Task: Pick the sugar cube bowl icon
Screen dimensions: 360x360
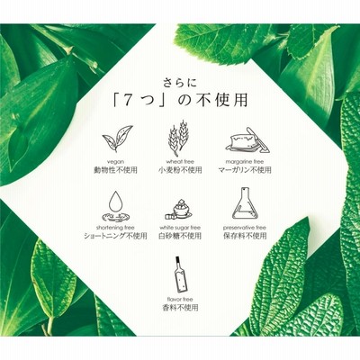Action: click(x=179, y=210)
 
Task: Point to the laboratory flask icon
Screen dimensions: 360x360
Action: click(x=245, y=205)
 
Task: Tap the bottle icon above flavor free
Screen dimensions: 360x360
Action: click(x=180, y=274)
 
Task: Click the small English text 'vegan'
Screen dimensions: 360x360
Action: click(x=115, y=162)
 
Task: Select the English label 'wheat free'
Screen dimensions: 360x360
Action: click(x=180, y=162)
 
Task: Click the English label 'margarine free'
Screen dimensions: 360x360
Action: click(x=245, y=162)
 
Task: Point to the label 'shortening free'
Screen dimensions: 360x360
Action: click(x=115, y=228)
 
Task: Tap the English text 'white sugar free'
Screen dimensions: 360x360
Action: click(x=180, y=228)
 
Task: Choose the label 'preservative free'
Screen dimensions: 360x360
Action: click(x=245, y=228)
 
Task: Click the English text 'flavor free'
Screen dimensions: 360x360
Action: click(x=180, y=299)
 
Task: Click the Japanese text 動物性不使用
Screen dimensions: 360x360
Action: click(x=115, y=170)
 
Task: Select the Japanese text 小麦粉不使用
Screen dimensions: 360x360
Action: click(x=180, y=170)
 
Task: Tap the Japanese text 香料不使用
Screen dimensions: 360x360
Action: click(x=180, y=308)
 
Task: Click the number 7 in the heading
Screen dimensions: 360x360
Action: click(x=128, y=101)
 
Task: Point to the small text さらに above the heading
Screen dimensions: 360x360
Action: click(x=180, y=83)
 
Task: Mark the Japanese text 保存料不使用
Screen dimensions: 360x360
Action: click(x=245, y=236)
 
